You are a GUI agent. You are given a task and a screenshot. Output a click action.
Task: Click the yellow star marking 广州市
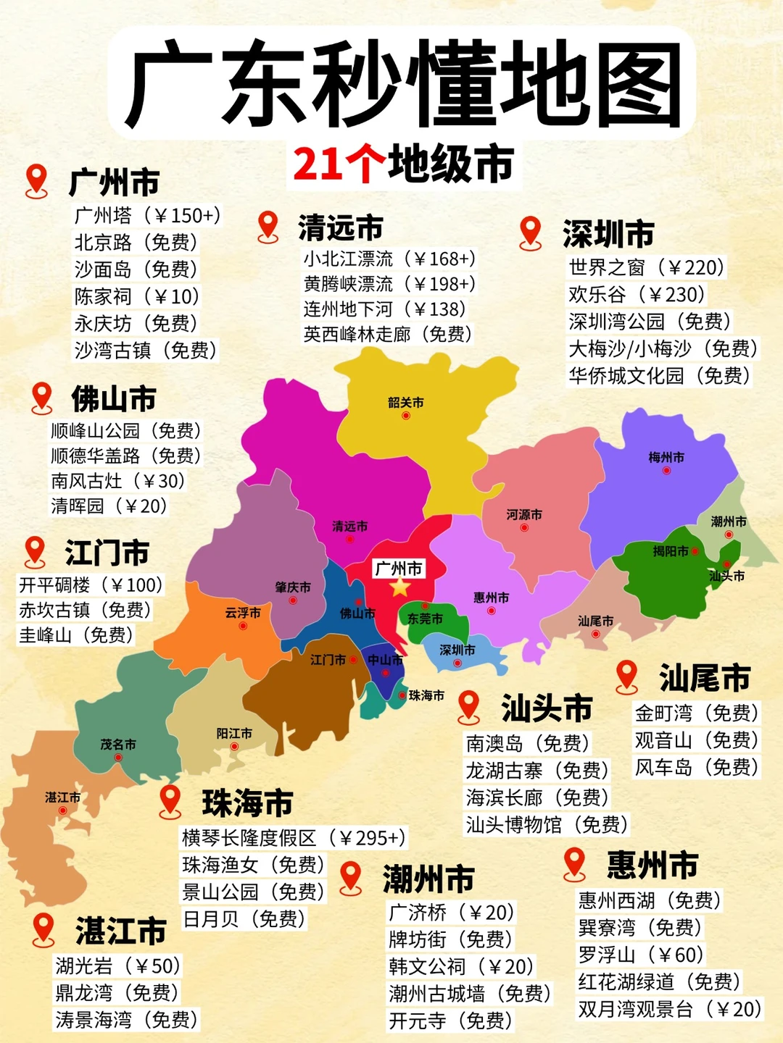click(399, 587)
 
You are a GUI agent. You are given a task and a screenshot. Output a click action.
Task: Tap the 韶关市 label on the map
click(405, 403)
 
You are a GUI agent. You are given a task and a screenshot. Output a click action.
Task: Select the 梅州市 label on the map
click(666, 458)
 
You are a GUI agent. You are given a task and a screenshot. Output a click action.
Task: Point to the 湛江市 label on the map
click(62, 797)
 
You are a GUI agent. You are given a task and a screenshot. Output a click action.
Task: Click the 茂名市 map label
click(118, 745)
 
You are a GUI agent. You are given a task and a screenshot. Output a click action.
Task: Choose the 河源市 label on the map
click(523, 515)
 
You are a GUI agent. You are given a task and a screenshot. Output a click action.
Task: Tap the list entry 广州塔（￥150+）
click(147, 215)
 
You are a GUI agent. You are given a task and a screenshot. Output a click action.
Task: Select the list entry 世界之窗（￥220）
click(646, 267)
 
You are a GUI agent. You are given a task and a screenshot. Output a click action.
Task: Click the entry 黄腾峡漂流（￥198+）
click(389, 284)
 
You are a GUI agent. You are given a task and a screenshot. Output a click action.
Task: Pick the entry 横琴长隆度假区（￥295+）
click(294, 838)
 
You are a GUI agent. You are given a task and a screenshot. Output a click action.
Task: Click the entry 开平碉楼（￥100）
click(91, 585)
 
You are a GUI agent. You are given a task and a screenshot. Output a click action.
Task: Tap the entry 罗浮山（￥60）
click(640, 955)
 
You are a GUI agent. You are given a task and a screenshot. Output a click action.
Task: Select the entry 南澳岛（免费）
click(527, 743)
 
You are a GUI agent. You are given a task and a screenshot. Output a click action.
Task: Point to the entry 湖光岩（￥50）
click(117, 965)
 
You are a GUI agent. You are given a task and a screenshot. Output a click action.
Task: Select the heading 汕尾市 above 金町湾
click(704, 678)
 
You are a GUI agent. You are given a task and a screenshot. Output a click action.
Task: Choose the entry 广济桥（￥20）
click(451, 912)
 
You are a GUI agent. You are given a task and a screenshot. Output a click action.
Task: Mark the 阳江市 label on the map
click(234, 734)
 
